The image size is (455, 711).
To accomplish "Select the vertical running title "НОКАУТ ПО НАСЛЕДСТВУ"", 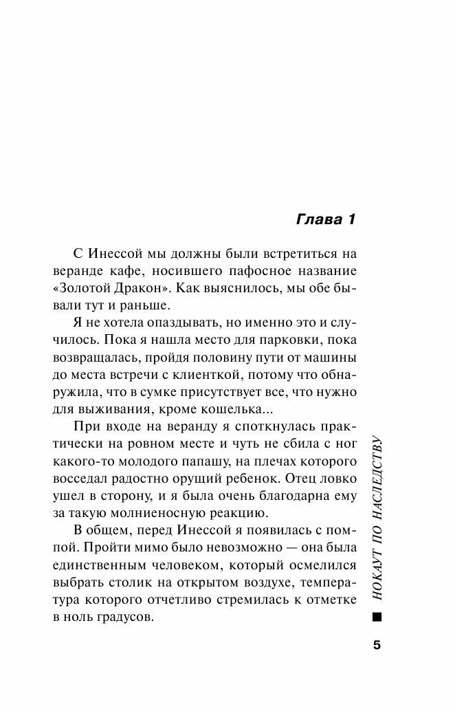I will click(375, 522).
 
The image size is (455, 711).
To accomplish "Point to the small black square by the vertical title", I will click(375, 620).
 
